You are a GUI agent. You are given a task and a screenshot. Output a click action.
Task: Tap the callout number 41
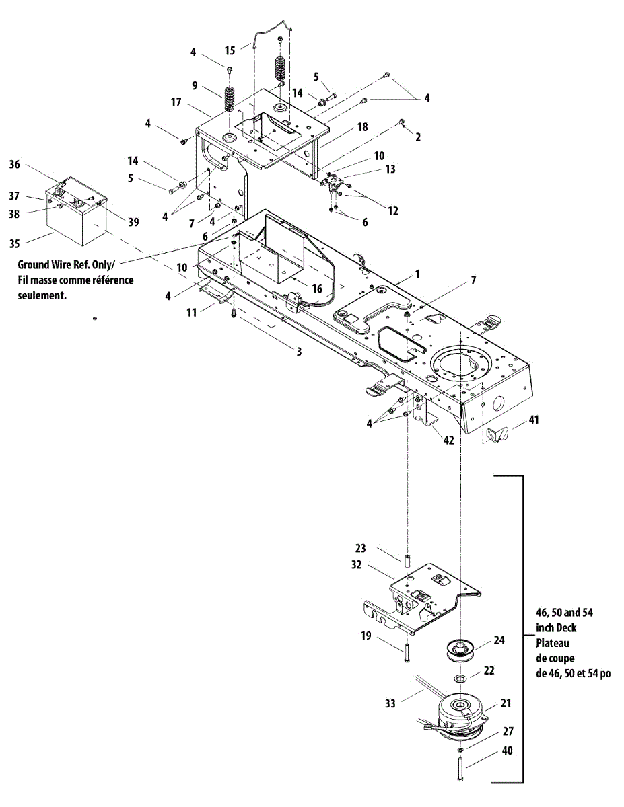[x=534, y=420]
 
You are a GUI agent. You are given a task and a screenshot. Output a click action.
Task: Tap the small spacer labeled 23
[x=407, y=560]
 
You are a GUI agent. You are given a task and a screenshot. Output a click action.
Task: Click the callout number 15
[x=230, y=50]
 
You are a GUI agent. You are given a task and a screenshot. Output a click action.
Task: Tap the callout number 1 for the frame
[x=417, y=274]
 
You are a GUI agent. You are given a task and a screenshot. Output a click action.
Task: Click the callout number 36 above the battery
[x=15, y=163]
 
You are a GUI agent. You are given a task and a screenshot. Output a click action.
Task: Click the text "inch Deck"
[x=557, y=627]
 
